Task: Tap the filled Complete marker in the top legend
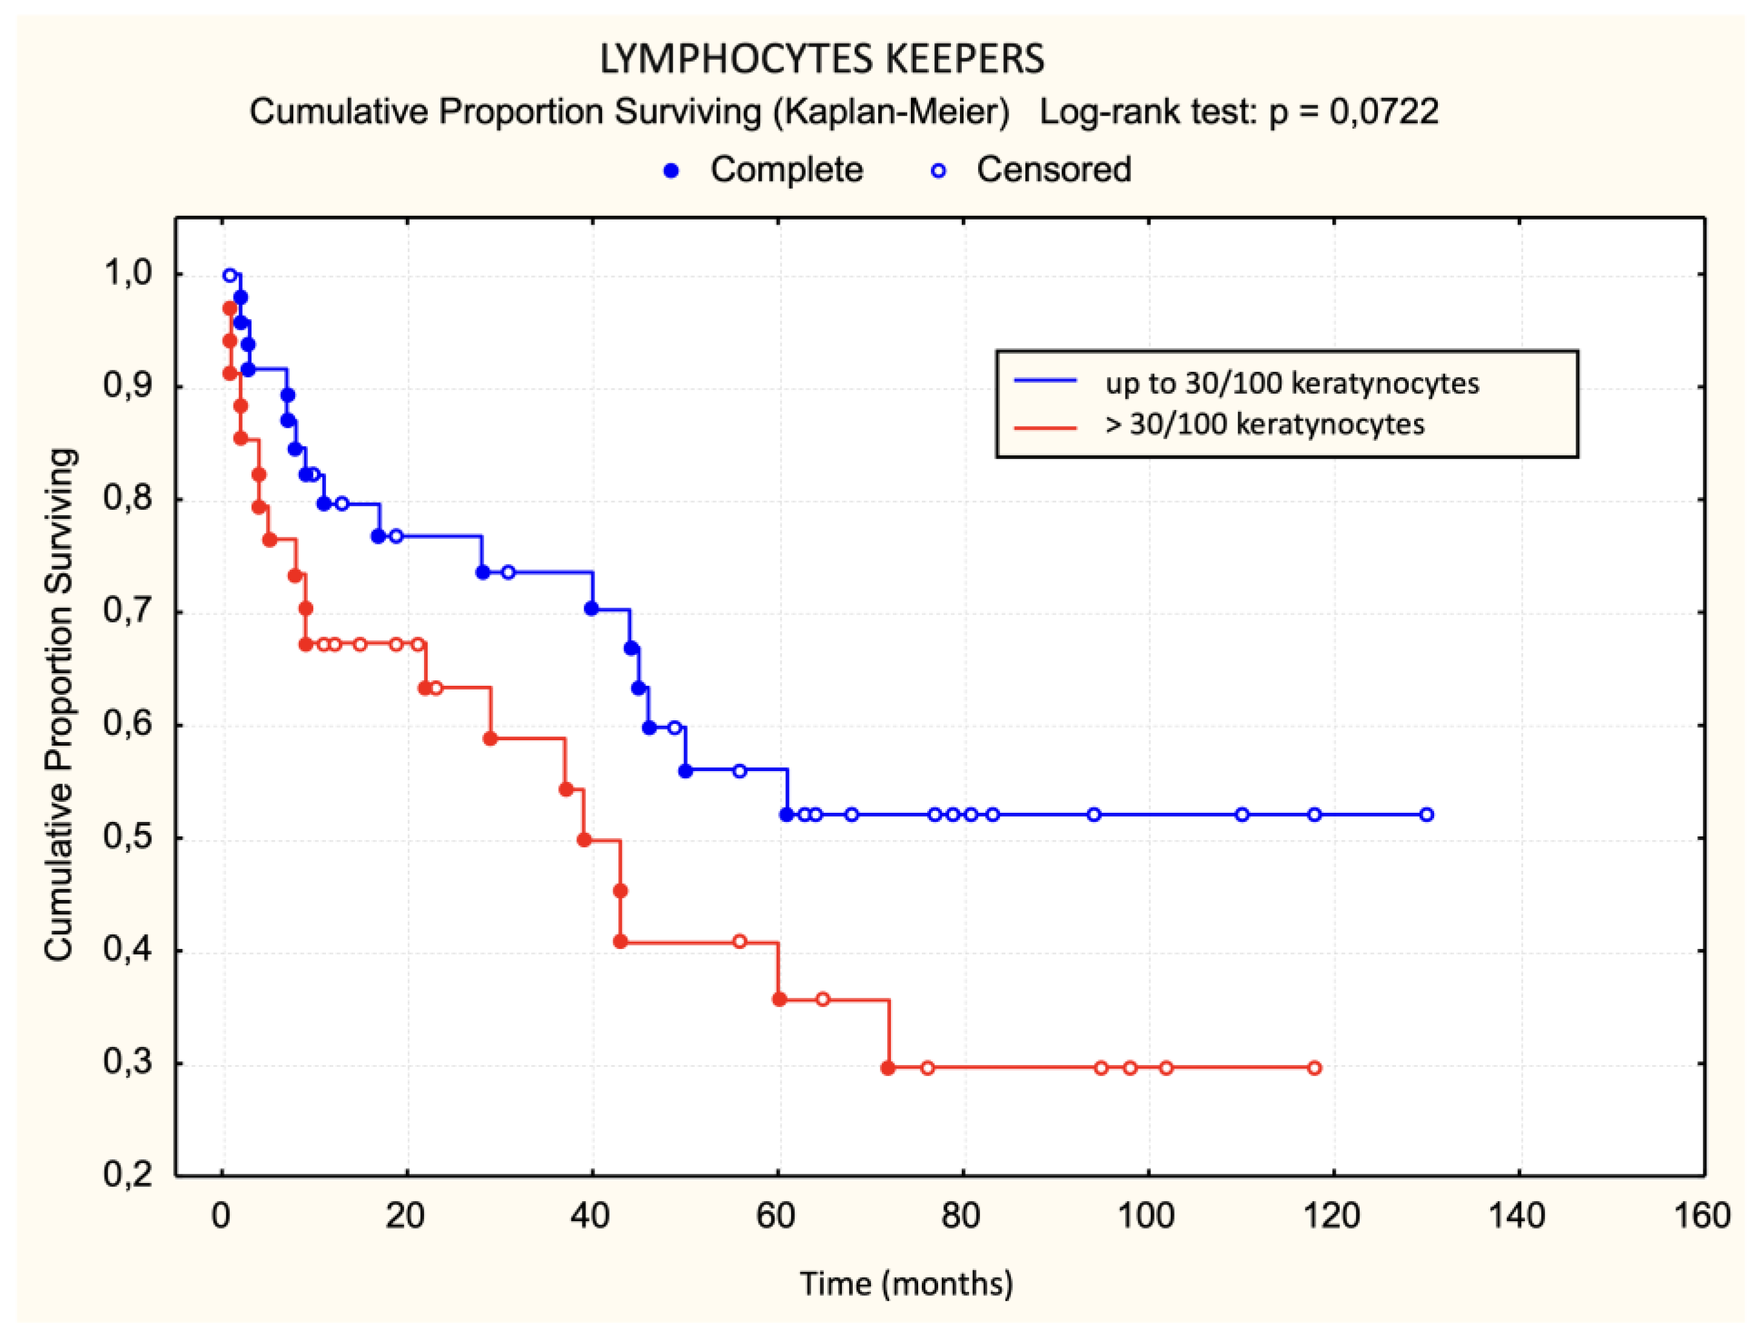point(671,171)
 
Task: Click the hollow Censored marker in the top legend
point(939,171)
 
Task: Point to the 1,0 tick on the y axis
point(128,273)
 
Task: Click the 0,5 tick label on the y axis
point(128,838)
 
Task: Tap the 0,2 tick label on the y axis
point(128,1175)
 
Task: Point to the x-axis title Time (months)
point(906,1284)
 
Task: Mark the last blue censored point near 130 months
point(1426,815)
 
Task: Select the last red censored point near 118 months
point(1314,1068)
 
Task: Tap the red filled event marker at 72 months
point(888,1068)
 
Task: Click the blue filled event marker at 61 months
point(786,815)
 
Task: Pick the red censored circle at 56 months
point(740,941)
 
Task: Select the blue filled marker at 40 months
point(592,608)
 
